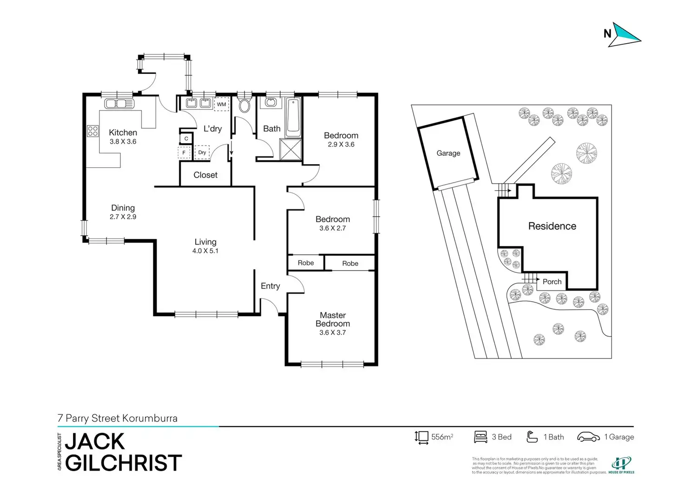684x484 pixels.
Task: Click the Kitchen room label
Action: (x=123, y=133)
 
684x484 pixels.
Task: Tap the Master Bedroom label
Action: (x=333, y=319)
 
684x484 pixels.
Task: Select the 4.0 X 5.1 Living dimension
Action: (x=205, y=251)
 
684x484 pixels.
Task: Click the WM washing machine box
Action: (x=222, y=104)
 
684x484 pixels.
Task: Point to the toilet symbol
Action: (x=244, y=105)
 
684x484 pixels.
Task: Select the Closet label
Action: (x=205, y=175)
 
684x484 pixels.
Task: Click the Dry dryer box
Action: (x=202, y=152)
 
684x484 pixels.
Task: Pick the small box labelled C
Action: (x=186, y=139)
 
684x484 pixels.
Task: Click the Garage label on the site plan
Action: (x=448, y=153)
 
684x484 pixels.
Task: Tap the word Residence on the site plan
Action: (x=552, y=226)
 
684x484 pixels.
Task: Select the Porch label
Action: (x=552, y=282)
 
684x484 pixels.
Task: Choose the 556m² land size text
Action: (x=442, y=437)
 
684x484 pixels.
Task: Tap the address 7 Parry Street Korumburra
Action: (x=118, y=418)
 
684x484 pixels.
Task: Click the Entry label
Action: (x=270, y=286)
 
